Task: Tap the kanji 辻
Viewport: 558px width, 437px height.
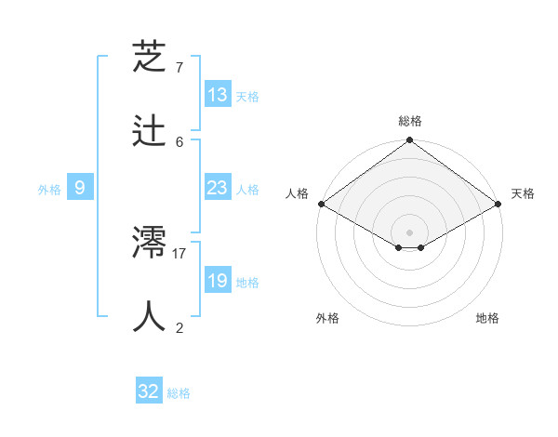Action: (x=151, y=131)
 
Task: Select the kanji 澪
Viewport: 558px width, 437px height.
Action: (x=151, y=244)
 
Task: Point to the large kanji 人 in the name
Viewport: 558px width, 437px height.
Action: (x=151, y=317)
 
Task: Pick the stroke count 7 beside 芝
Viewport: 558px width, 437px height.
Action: (x=179, y=68)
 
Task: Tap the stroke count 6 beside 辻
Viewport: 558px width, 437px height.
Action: (x=179, y=141)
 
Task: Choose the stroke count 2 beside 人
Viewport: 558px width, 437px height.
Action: (x=179, y=327)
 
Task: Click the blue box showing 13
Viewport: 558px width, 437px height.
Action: (x=218, y=95)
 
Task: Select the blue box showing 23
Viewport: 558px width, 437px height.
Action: (x=218, y=188)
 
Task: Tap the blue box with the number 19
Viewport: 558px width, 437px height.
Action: (x=218, y=281)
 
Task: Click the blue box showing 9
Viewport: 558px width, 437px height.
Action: (x=80, y=188)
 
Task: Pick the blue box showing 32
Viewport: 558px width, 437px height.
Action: (x=149, y=391)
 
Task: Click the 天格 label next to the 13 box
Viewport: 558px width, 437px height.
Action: (x=247, y=97)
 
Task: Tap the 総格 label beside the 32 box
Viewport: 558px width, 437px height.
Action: (x=179, y=393)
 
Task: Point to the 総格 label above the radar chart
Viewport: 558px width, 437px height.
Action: (x=409, y=121)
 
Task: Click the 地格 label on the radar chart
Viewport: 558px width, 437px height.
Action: (x=487, y=318)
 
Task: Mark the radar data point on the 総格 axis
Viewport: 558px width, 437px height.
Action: (x=409, y=141)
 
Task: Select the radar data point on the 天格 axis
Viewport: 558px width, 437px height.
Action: (x=498, y=204)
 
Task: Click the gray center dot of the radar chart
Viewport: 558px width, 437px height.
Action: (x=409, y=232)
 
